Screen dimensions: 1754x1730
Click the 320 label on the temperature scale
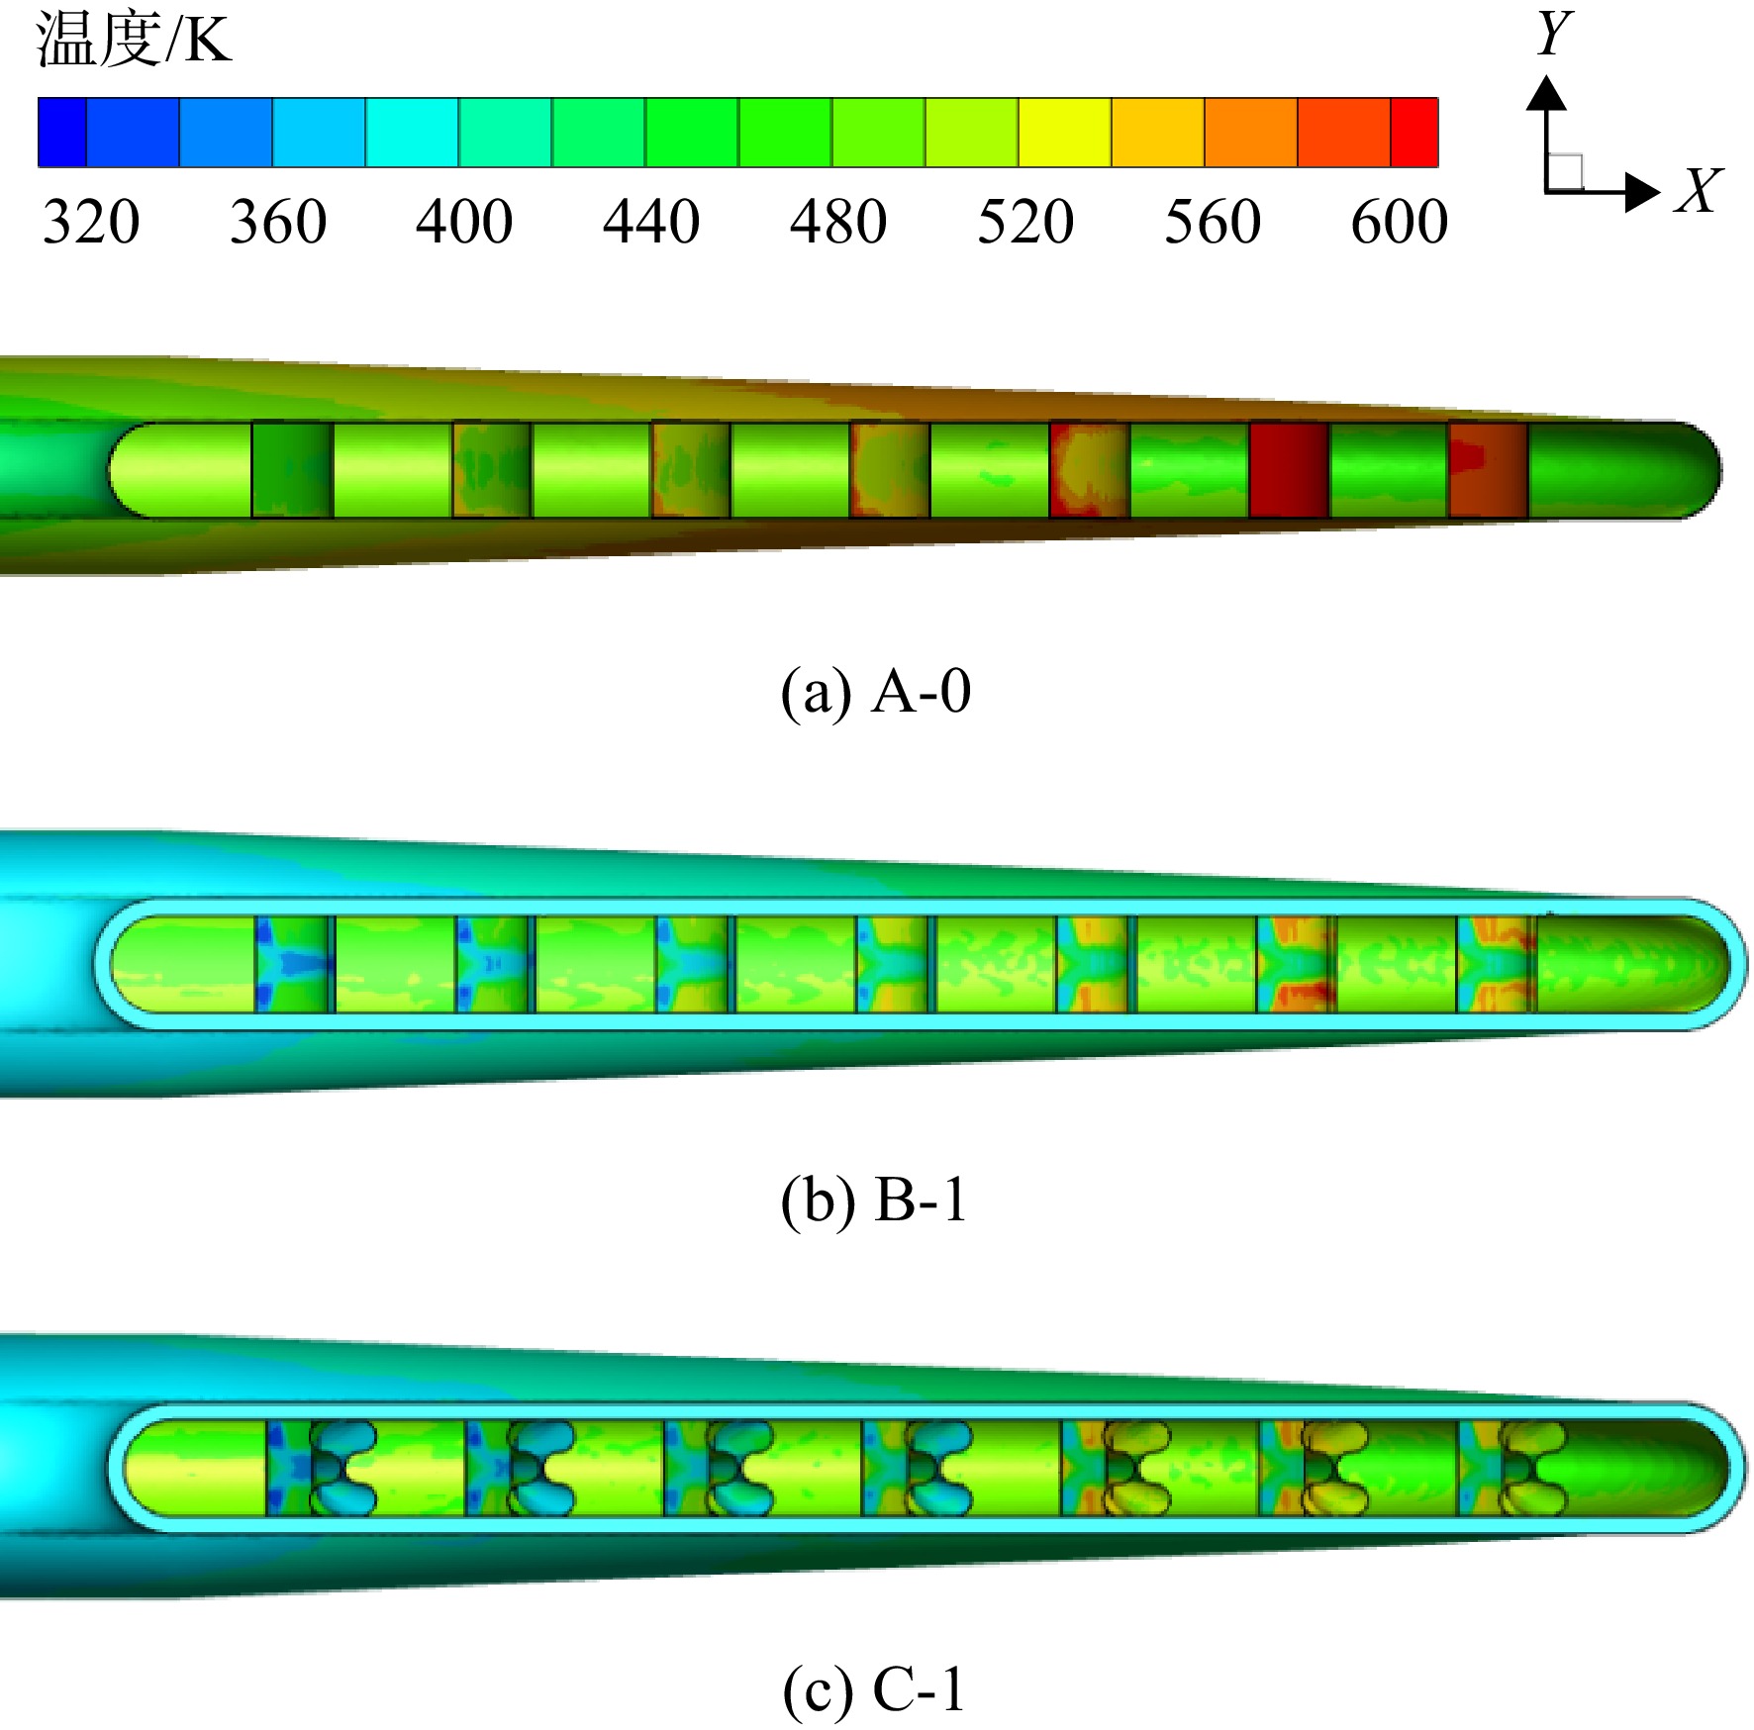[x=91, y=221]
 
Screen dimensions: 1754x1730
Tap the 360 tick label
[x=278, y=221]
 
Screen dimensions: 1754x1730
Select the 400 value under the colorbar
[x=464, y=221]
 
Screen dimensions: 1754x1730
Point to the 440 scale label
[x=651, y=221]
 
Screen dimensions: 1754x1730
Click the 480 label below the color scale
[x=838, y=221]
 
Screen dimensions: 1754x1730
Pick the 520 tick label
[x=1025, y=221]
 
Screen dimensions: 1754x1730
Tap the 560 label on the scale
[x=1213, y=221]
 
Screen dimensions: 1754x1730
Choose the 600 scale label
[x=1400, y=221]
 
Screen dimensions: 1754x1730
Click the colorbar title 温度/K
[x=134, y=40]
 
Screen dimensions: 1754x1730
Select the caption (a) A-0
[x=876, y=691]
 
